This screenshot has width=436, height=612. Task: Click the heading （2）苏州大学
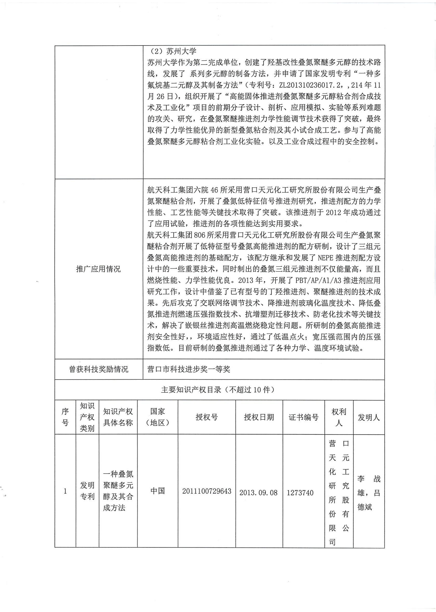tap(172, 51)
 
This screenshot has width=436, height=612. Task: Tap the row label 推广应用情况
tap(98, 269)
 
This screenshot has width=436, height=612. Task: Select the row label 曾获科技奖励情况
tap(98, 369)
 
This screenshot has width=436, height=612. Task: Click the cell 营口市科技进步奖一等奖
tap(189, 369)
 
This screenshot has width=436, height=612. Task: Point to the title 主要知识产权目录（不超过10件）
tap(219, 390)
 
